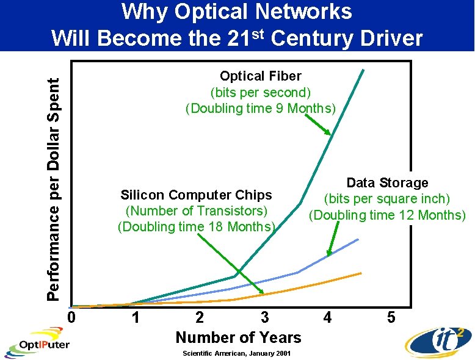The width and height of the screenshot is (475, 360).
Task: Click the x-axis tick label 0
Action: (71, 318)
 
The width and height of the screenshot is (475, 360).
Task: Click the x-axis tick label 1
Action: (136, 318)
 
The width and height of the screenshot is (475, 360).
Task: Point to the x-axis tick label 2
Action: (200, 318)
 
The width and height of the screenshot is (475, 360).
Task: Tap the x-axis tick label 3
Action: (264, 318)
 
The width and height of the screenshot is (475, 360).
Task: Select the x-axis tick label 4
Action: (328, 318)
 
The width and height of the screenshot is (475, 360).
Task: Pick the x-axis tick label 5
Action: (392, 318)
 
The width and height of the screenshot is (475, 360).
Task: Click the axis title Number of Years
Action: (238, 337)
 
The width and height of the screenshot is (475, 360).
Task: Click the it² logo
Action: (438, 339)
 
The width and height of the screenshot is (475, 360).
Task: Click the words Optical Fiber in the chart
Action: (261, 76)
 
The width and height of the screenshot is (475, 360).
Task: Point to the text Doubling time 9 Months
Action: (261, 109)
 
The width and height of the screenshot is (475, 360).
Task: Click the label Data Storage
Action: (387, 182)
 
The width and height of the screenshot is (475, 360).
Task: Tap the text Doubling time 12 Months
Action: (387, 215)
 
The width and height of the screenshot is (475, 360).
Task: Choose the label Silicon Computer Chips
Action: (196, 195)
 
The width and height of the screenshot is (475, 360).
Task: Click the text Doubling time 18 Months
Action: (196, 227)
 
